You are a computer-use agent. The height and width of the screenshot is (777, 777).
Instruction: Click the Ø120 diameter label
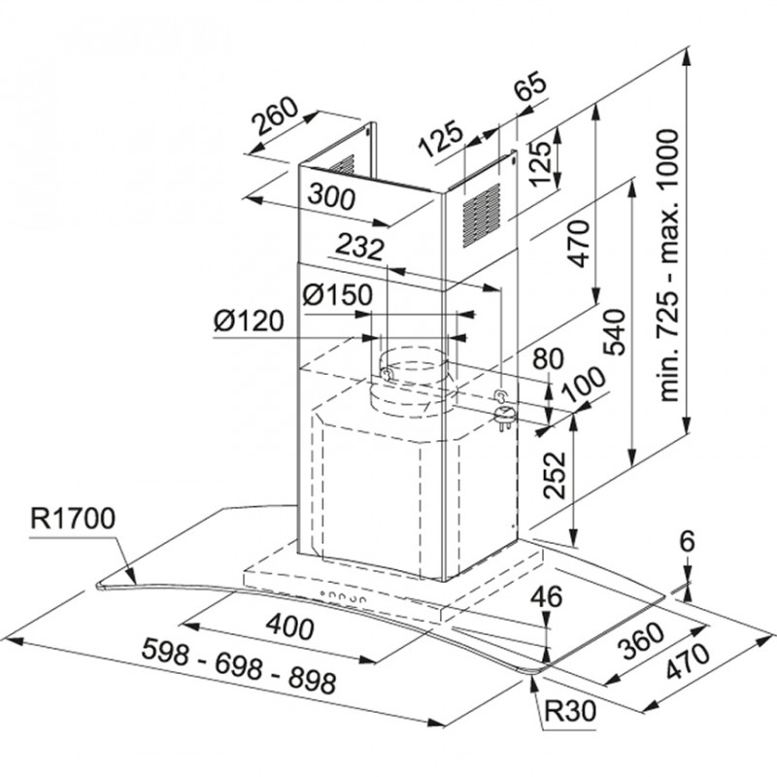(x=249, y=321)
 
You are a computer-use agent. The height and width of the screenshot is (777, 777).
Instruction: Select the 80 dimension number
(x=548, y=358)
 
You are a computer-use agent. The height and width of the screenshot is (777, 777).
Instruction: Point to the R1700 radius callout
(x=72, y=516)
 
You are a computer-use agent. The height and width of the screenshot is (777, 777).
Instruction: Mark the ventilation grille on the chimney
(x=480, y=213)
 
